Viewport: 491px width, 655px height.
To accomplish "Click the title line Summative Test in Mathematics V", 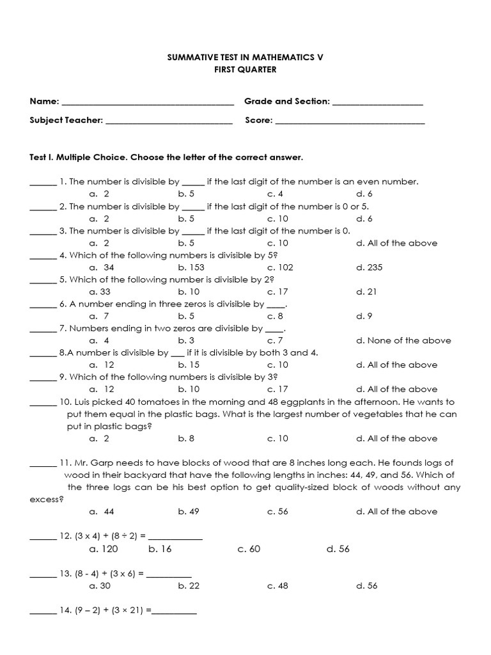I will coord(245,57).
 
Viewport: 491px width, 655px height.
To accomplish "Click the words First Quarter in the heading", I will coord(245,70).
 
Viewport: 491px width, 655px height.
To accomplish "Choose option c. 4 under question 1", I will coord(276,194).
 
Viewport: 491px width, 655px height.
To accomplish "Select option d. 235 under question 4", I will coord(370,267).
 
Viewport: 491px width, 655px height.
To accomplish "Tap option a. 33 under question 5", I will coord(102,292).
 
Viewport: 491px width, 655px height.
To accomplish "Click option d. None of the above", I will coord(403,340).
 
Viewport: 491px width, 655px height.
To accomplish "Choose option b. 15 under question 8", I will coord(189,365).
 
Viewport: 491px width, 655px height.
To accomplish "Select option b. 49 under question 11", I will coord(189,511).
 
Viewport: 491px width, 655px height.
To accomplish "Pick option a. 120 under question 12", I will coord(104,549).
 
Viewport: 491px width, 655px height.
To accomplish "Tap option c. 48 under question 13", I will coord(277,585).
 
